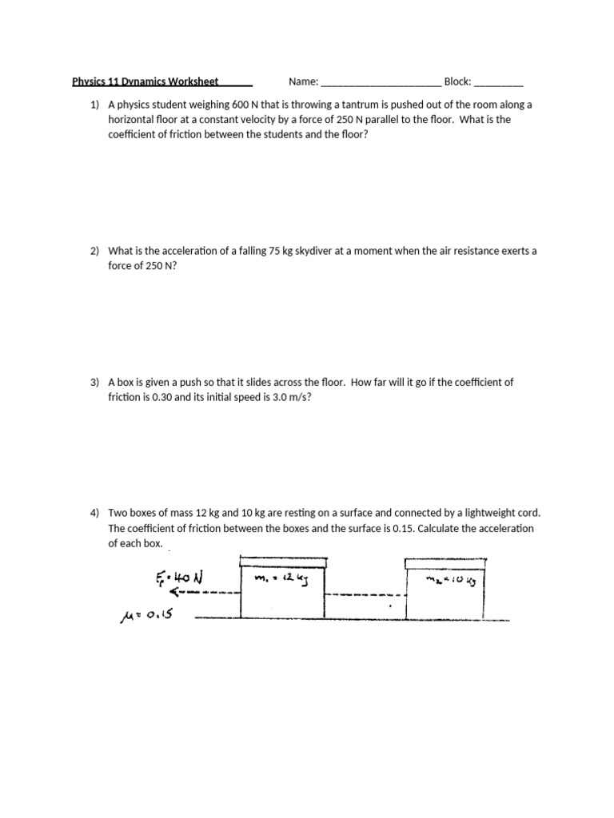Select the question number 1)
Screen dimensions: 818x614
[x=95, y=105]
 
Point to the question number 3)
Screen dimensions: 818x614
[x=95, y=382]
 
